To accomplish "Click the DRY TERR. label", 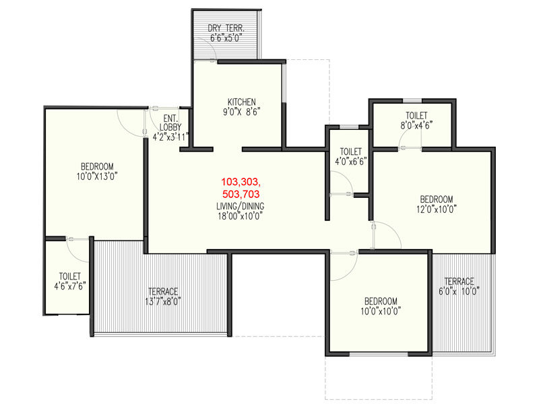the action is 226,28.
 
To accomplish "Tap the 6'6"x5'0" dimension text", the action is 226,38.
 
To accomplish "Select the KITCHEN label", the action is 242,102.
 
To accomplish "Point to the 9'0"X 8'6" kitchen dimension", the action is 242,112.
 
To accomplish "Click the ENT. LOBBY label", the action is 171,123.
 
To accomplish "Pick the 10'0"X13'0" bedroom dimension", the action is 97,176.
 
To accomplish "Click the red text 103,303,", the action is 241,181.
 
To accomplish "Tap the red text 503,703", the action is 241,194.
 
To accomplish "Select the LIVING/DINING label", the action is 241,206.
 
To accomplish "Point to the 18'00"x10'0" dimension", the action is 241,216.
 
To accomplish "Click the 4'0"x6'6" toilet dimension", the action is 351,161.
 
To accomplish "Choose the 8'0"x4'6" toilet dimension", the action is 416,125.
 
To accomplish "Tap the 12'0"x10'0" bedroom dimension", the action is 437,209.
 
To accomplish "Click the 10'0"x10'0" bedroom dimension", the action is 381,311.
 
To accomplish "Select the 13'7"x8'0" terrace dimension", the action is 163,301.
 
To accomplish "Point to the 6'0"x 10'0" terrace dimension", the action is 459,292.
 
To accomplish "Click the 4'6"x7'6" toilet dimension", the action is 70,285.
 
